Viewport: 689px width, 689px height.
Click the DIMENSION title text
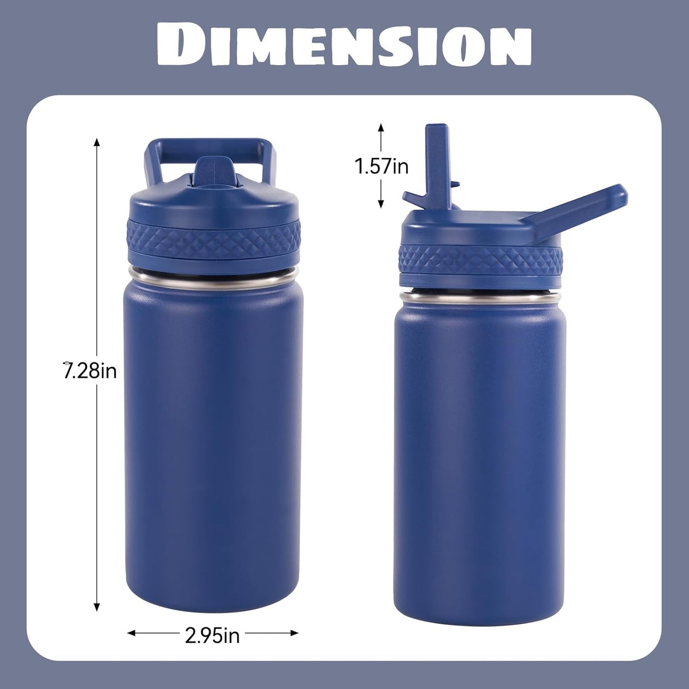point(344,46)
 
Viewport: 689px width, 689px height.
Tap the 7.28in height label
point(90,371)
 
